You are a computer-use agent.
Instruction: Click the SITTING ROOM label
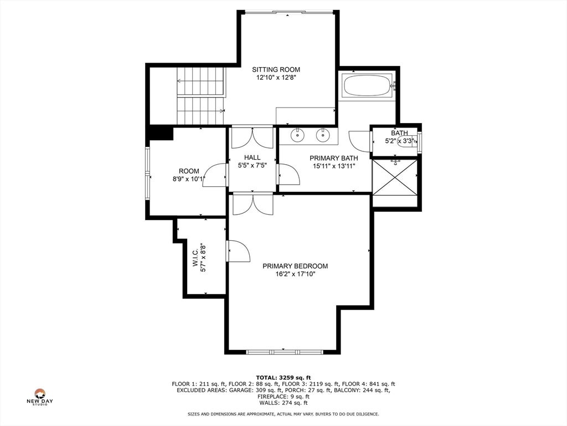click(x=276, y=69)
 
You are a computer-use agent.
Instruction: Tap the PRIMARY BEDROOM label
click(x=295, y=266)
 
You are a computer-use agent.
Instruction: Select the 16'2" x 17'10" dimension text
click(x=296, y=274)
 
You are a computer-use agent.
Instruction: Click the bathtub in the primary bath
click(x=368, y=85)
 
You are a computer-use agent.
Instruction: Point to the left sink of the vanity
click(x=297, y=135)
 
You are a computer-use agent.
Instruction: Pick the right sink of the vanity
click(x=323, y=135)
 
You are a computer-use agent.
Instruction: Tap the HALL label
click(x=252, y=158)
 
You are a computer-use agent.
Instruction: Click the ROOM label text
click(x=189, y=171)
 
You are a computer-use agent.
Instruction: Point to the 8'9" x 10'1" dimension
click(x=189, y=179)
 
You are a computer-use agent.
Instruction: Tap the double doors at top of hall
click(x=252, y=138)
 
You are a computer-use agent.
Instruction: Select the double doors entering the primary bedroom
click(x=252, y=205)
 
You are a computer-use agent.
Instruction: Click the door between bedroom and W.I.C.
click(x=238, y=251)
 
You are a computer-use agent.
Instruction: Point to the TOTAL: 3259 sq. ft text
click(x=283, y=377)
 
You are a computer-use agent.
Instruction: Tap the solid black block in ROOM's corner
click(x=161, y=132)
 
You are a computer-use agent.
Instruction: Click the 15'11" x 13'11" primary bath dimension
click(x=334, y=166)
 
